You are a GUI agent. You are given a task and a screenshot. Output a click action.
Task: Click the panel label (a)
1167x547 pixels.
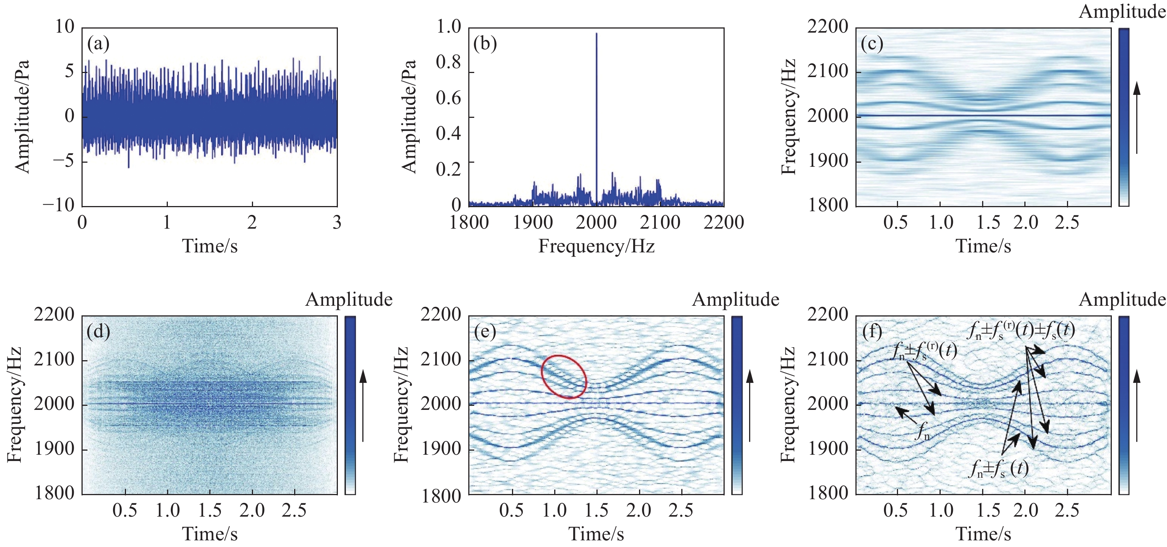[x=98, y=44]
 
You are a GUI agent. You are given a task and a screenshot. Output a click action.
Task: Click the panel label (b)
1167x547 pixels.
[x=485, y=44]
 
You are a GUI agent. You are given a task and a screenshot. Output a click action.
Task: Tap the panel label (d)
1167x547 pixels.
[x=98, y=332]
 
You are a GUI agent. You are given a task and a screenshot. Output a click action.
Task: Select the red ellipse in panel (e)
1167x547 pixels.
[x=564, y=377]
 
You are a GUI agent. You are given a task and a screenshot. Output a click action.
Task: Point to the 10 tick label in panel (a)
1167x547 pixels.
[x=64, y=27]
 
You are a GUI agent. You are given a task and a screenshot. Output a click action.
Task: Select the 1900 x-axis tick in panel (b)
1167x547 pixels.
[x=532, y=222]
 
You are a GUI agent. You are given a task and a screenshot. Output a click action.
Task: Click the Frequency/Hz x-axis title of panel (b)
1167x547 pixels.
[x=596, y=246]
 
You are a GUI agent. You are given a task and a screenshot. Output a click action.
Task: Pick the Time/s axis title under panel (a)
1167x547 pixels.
[x=210, y=246]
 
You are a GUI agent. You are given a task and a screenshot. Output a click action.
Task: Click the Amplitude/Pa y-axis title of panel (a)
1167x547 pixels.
[x=22, y=116]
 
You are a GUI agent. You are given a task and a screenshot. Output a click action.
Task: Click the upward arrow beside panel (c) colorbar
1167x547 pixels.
[x=1137, y=118]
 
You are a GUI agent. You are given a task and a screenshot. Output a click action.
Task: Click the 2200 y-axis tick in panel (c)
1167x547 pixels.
[x=827, y=27]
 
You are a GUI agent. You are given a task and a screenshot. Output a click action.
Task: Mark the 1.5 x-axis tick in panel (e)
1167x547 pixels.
[x=596, y=510]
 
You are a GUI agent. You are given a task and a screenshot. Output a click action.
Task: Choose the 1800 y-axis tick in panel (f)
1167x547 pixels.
[x=827, y=493]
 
